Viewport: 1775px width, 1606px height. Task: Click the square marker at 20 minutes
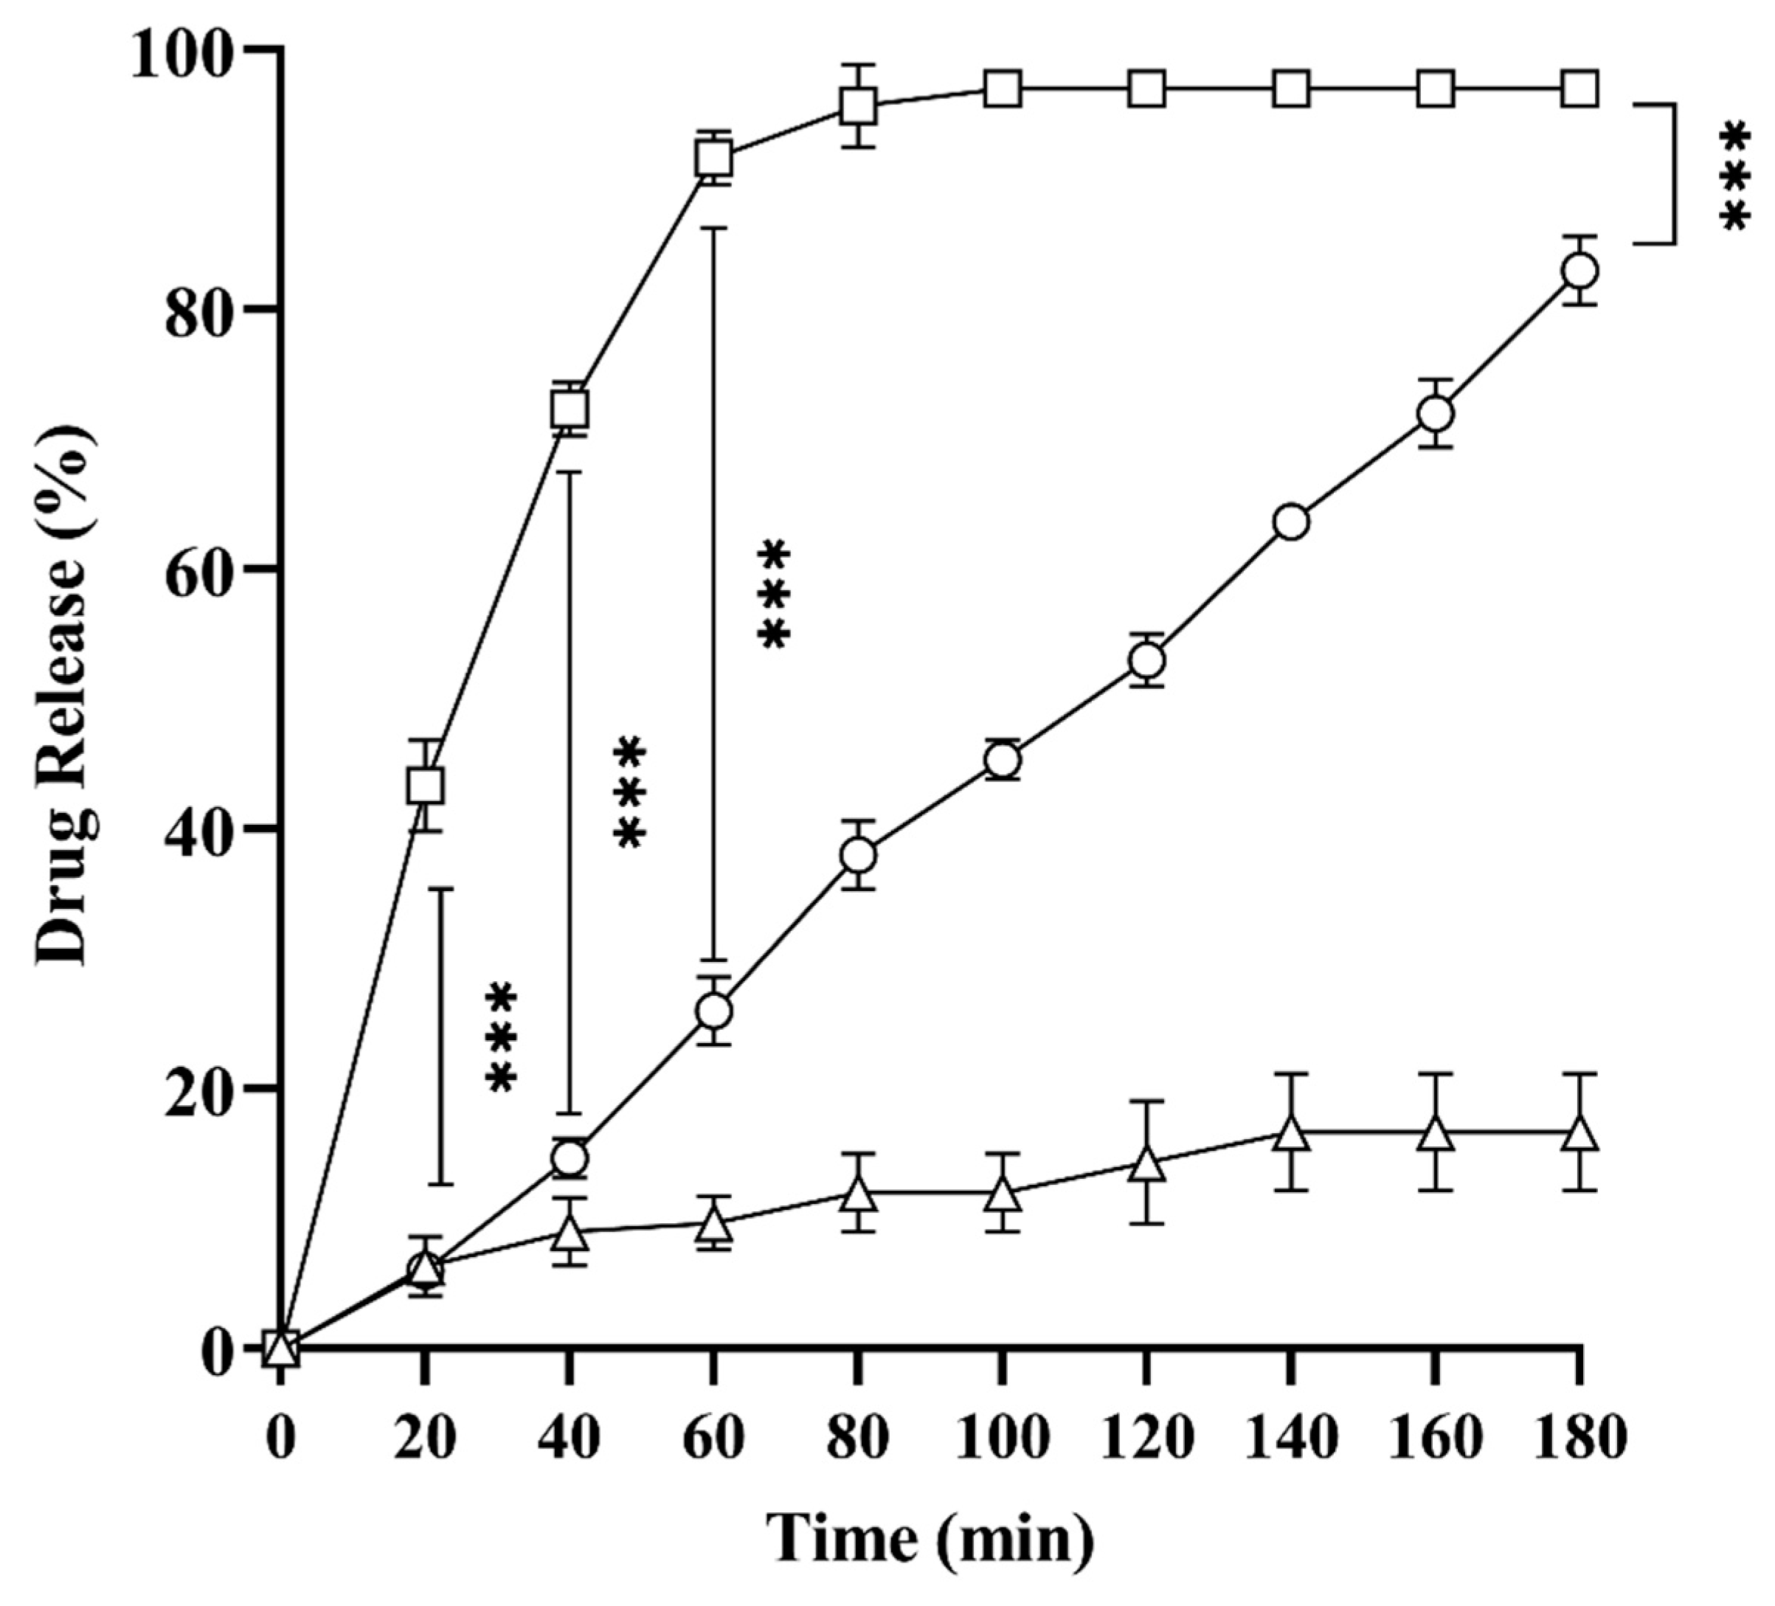point(425,786)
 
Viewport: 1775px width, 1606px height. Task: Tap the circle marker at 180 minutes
point(1579,270)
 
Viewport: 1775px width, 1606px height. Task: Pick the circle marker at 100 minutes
point(1002,760)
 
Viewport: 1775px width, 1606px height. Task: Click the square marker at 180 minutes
point(1579,89)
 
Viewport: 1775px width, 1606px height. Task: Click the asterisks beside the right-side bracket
point(1734,179)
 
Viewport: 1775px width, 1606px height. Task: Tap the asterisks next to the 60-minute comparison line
point(773,595)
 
